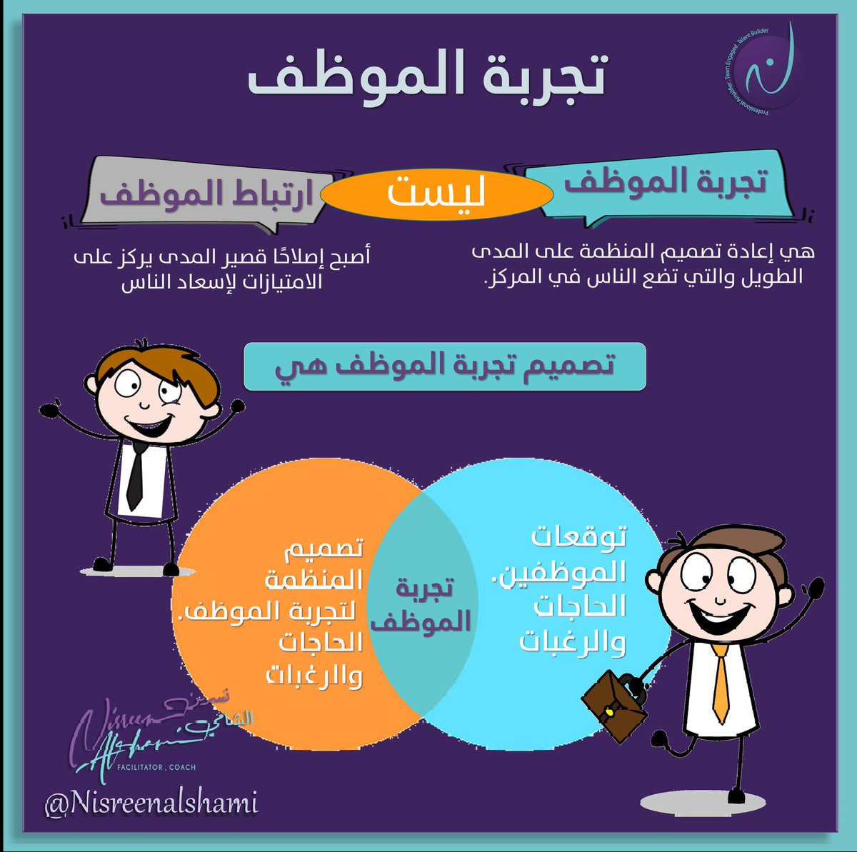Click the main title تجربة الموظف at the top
pyautogui.click(x=426, y=74)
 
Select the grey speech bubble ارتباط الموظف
pyautogui.click(x=207, y=193)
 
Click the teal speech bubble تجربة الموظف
pyautogui.click(x=664, y=183)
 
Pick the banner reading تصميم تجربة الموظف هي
pyautogui.click(x=444, y=366)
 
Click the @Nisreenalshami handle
pyautogui.click(x=151, y=803)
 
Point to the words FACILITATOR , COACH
pyautogui.click(x=157, y=767)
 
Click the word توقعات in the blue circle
pyautogui.click(x=578, y=537)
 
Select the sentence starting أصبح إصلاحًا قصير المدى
pyautogui.click(x=222, y=268)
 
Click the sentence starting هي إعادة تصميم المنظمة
pyautogui.click(x=643, y=263)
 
